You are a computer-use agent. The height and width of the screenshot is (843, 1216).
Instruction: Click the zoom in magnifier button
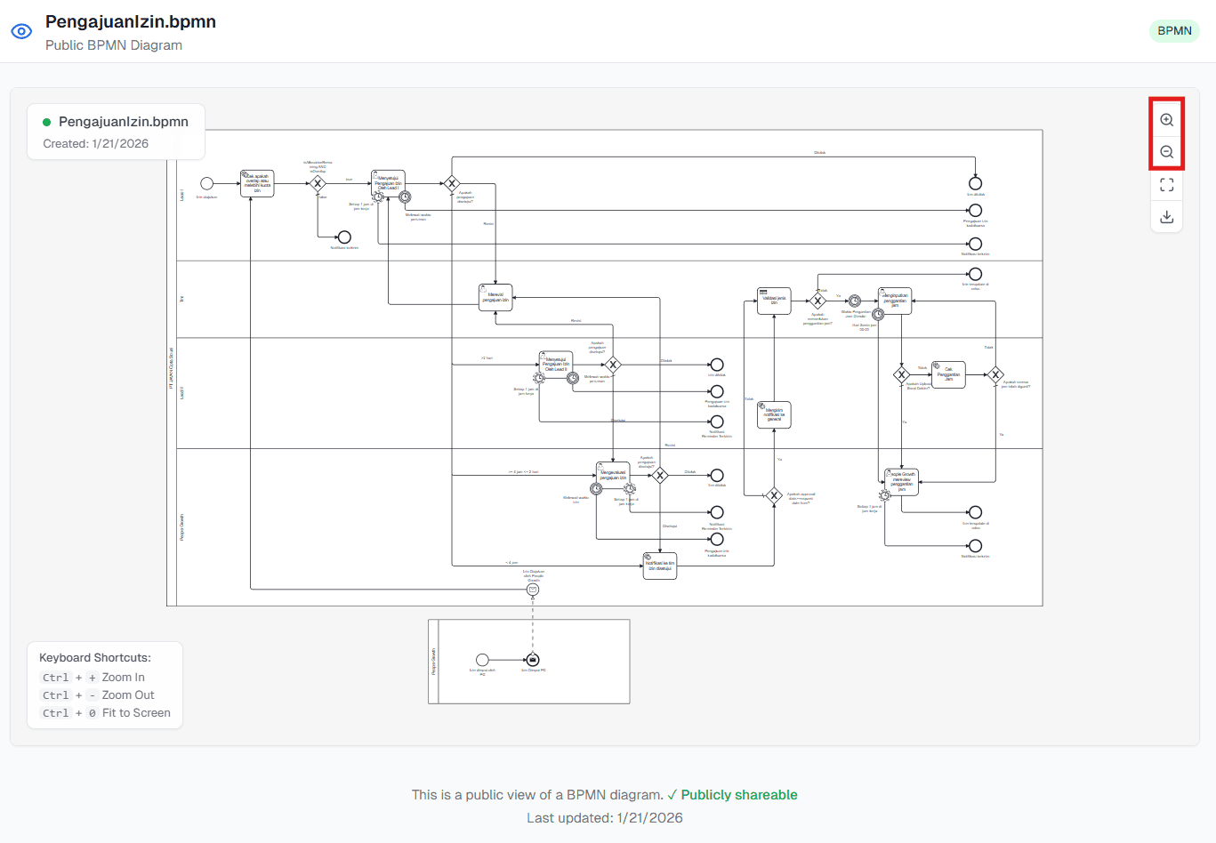[x=1166, y=120]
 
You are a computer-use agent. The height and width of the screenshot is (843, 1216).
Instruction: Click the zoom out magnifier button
[x=1166, y=152]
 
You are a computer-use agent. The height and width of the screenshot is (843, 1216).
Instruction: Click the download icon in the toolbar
[x=1166, y=217]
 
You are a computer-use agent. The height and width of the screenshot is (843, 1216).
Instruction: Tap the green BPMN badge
[x=1174, y=30]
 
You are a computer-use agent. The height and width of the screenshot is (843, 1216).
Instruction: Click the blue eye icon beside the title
[x=21, y=31]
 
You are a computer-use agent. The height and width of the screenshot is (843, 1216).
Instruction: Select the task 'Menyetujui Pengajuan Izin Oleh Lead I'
[x=388, y=183]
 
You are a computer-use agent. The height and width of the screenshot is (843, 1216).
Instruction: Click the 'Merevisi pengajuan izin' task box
[x=495, y=297]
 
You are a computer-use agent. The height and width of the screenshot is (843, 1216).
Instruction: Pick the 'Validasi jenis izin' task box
[x=774, y=301]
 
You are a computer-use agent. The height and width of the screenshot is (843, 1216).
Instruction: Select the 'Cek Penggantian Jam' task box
[x=948, y=374]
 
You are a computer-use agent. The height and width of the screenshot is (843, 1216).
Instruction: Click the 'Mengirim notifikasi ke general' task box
[x=774, y=414]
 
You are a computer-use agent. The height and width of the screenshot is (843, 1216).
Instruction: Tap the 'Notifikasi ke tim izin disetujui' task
[x=659, y=566]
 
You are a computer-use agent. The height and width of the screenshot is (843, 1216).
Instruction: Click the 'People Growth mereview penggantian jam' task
[x=901, y=482]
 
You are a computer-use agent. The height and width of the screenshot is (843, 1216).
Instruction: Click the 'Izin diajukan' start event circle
[x=206, y=184]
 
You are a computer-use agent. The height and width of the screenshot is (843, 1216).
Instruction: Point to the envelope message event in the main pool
[x=533, y=590]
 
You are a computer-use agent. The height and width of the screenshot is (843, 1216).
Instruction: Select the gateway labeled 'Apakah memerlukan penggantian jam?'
[x=817, y=301]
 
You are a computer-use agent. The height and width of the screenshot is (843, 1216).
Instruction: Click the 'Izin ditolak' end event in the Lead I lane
[x=975, y=184]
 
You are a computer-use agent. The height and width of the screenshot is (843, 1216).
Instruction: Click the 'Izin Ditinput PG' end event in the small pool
[x=533, y=660]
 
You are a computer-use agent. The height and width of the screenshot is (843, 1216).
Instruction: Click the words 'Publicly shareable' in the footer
[x=738, y=795]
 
